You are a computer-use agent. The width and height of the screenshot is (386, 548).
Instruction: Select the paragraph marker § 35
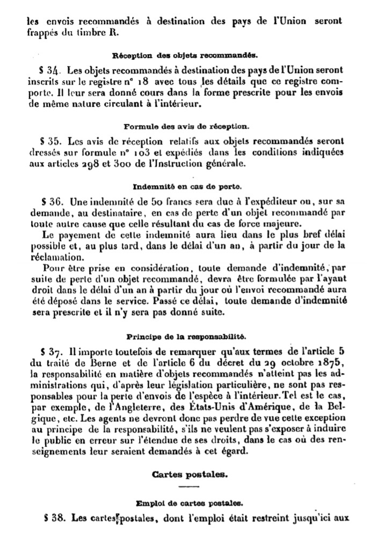pos(54,141)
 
